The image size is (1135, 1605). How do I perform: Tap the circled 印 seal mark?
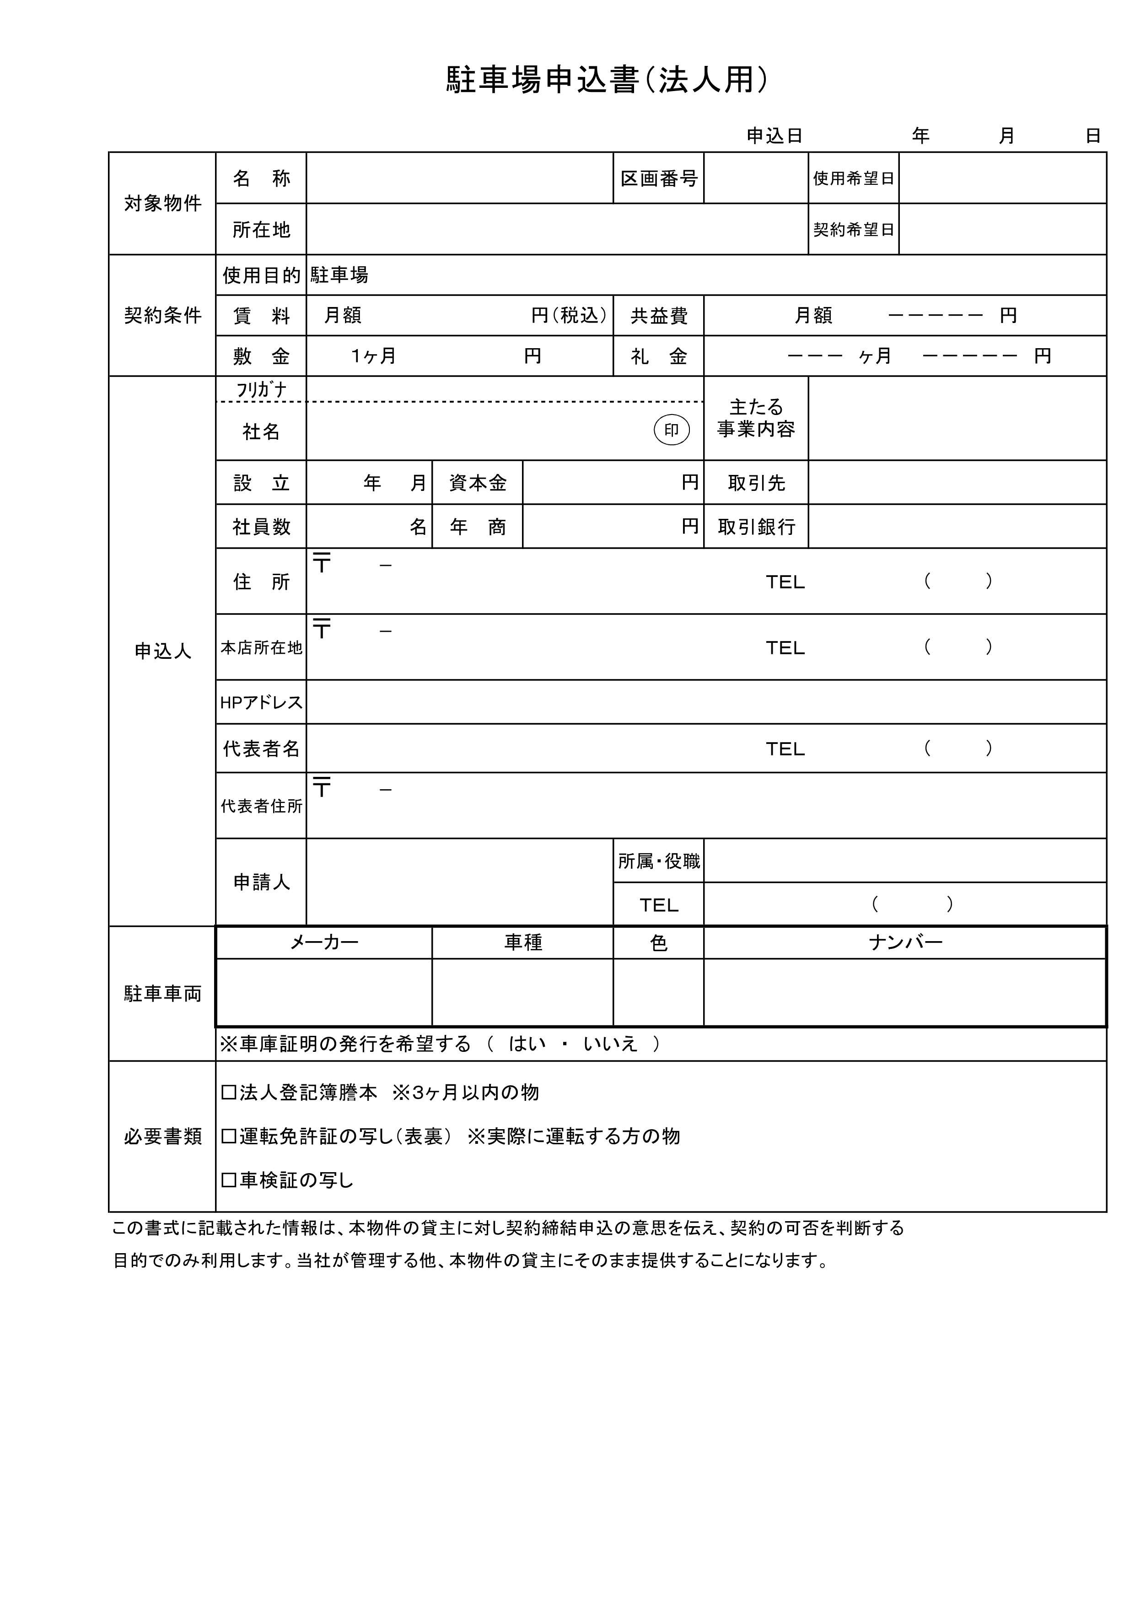671,430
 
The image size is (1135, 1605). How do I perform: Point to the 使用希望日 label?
853,179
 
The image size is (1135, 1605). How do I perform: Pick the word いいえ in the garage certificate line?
610,1044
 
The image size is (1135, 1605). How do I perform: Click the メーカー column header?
324,943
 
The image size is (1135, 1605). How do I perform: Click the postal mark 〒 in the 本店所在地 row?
322,629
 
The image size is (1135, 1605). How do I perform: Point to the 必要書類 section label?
163,1136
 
